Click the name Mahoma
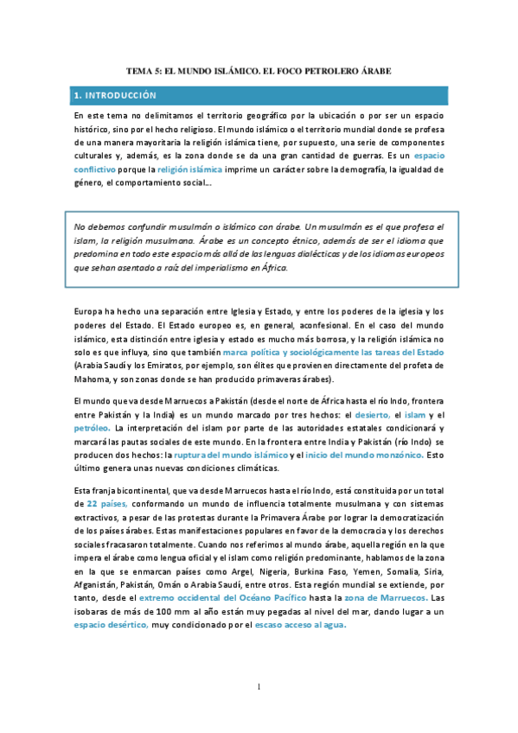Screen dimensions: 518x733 (93, 381)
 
